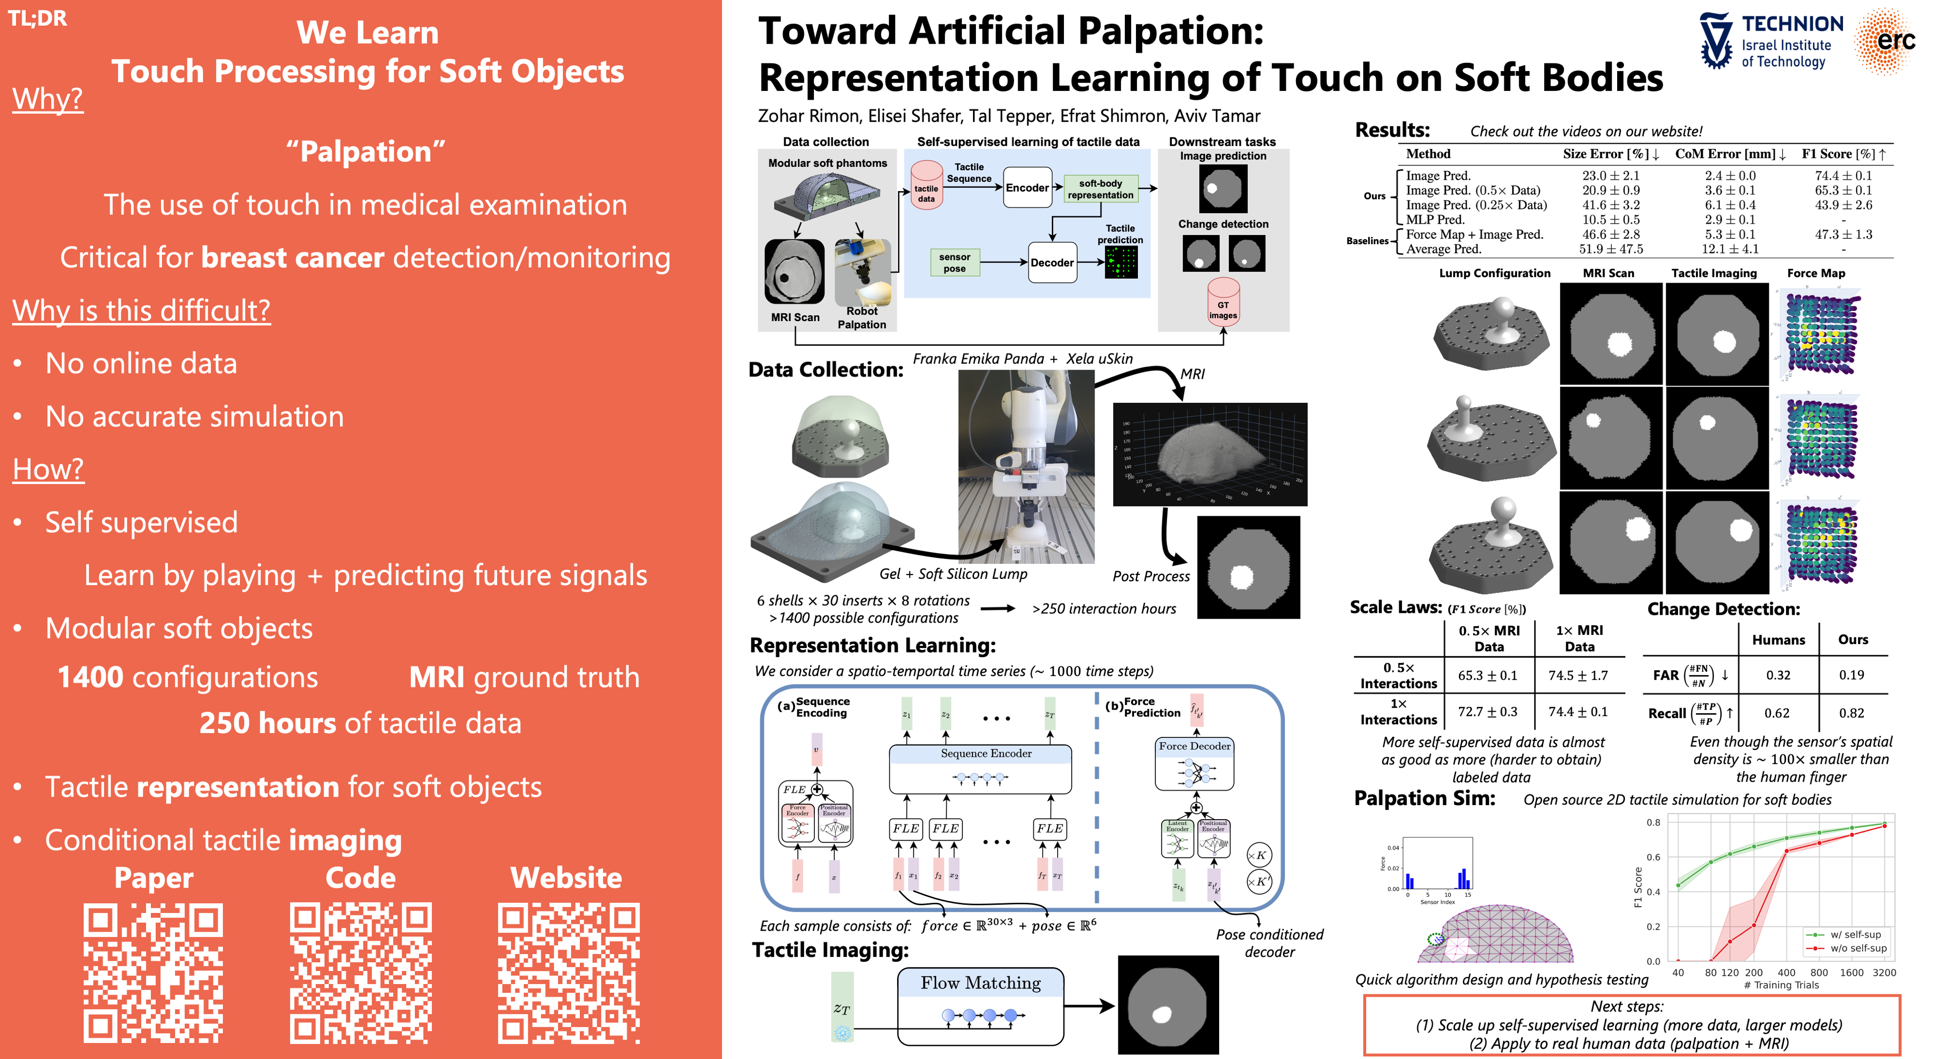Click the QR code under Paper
click(153, 973)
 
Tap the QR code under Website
click(568, 973)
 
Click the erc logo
click(1886, 41)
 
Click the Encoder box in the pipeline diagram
click(1027, 188)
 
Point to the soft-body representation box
click(1100, 189)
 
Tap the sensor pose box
click(954, 263)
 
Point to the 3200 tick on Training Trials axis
click(1883, 973)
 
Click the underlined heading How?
click(48, 470)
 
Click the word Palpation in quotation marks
click(366, 152)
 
